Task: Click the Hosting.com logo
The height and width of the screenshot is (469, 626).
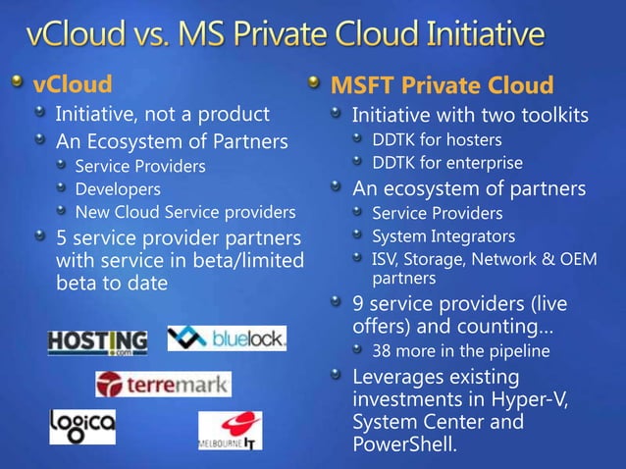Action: point(97,340)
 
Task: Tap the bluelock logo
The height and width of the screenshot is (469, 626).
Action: point(227,339)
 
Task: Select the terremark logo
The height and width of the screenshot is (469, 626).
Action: point(163,384)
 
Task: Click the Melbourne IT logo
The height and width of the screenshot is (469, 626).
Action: point(230,430)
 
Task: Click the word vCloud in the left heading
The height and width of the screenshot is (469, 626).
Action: point(72,83)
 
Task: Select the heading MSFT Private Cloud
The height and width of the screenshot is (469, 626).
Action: point(442,85)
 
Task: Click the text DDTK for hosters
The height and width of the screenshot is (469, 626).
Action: point(437,139)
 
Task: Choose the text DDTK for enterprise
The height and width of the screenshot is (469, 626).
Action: point(446,163)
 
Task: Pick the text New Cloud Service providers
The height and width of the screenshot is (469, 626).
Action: point(184,212)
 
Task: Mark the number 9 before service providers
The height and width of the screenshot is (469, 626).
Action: point(358,304)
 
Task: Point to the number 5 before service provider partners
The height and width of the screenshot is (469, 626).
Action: point(62,238)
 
